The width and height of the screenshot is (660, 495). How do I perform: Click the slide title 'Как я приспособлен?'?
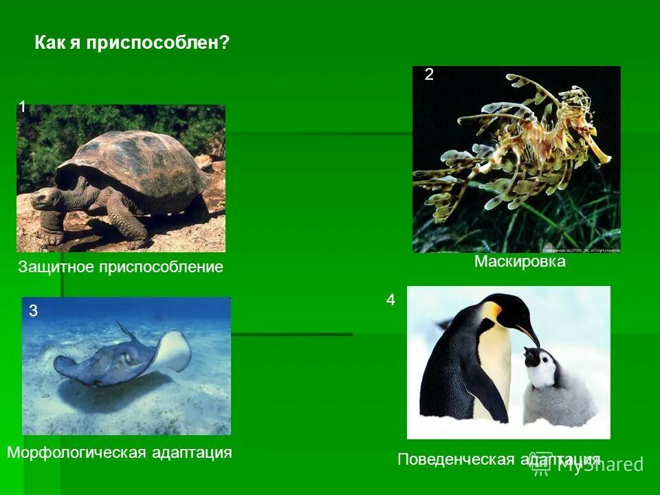click(x=131, y=43)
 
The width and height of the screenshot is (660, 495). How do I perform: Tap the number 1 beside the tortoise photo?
click(x=23, y=107)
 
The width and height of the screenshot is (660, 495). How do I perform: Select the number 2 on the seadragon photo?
click(x=429, y=75)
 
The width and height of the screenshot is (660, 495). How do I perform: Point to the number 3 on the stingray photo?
click(x=33, y=311)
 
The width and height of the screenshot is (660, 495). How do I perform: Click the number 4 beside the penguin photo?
click(x=390, y=300)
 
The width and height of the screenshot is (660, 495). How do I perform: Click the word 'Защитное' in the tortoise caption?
click(x=58, y=267)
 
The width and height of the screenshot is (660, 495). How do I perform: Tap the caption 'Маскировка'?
click(x=520, y=262)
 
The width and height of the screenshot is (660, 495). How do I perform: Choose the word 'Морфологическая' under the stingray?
click(x=76, y=452)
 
